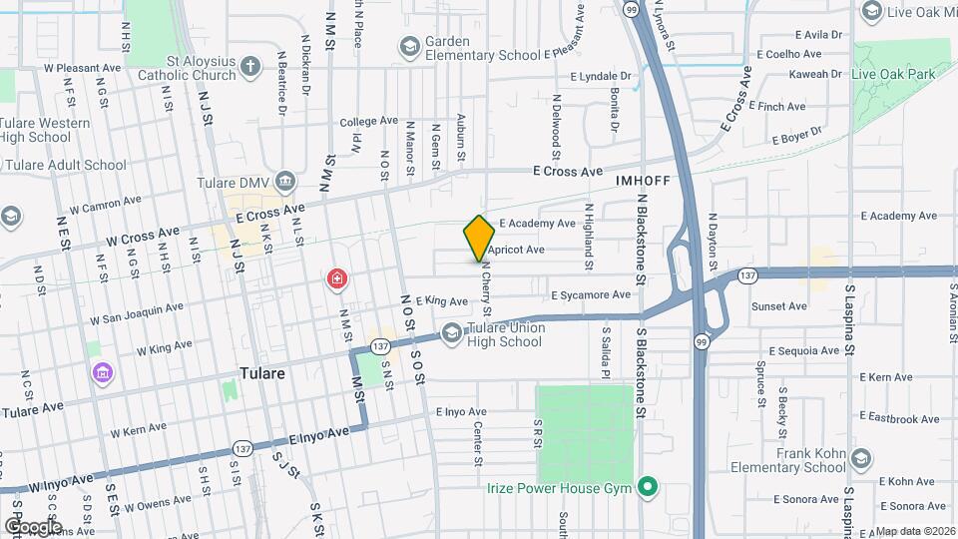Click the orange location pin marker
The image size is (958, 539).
pyautogui.click(x=479, y=239)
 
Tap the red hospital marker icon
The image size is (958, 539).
pyautogui.click(x=337, y=277)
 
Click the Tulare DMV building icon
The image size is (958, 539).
pyautogui.click(x=286, y=181)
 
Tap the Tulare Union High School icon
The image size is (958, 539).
pyautogui.click(x=452, y=333)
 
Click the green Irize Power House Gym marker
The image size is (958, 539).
pyautogui.click(x=648, y=488)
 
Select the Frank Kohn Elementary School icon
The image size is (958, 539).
pyautogui.click(x=861, y=458)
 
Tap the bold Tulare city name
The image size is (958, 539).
pyautogui.click(x=263, y=373)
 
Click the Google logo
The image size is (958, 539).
pyautogui.click(x=34, y=526)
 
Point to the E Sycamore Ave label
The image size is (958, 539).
pyautogui.click(x=591, y=295)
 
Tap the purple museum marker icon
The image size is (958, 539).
pyautogui.click(x=102, y=373)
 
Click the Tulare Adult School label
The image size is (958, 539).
pyautogui.click(x=66, y=165)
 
